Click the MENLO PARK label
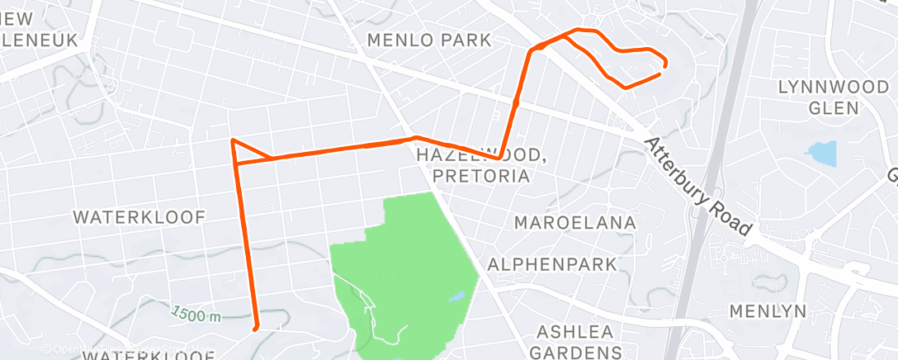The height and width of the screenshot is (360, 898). (x=428, y=40)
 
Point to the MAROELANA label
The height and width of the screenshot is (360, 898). (x=575, y=223)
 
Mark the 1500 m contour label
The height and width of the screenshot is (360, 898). (x=197, y=314)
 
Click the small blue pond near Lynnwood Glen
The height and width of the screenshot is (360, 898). (x=822, y=153)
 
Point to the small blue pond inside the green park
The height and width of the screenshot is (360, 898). (x=456, y=296)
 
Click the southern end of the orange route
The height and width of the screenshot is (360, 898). (x=256, y=328)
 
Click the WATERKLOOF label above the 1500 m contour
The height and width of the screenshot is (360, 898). (x=139, y=217)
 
